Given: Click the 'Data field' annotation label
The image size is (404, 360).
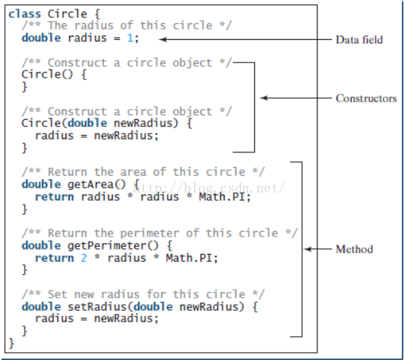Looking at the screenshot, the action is pyautogui.click(x=359, y=40).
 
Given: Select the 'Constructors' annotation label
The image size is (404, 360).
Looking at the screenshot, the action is pyautogui.click(x=366, y=98).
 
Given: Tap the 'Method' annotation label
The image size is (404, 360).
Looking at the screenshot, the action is pyautogui.click(x=355, y=249).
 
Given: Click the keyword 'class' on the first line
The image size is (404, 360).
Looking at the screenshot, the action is pyautogui.click(x=25, y=14).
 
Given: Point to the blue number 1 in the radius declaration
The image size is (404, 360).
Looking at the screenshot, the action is pyautogui.click(x=130, y=38).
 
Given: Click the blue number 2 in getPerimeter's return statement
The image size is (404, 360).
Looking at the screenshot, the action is pyautogui.click(x=84, y=258).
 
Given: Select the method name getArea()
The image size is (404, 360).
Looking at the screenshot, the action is pyautogui.click(x=97, y=184).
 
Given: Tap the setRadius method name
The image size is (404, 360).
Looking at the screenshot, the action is pyautogui.click(x=97, y=307).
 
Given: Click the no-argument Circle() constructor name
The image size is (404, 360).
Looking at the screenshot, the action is pyautogui.click(x=47, y=74).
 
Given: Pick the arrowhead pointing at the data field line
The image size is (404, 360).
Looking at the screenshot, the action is pyautogui.click(x=163, y=39).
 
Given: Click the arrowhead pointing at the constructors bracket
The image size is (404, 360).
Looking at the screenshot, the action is pyautogui.click(x=264, y=98).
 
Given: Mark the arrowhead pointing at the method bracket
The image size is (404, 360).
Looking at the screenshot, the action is pyautogui.click(x=308, y=249).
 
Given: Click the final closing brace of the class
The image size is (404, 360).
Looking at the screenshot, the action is pyautogui.click(x=11, y=343).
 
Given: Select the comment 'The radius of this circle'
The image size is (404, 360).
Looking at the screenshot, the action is pyautogui.click(x=130, y=25).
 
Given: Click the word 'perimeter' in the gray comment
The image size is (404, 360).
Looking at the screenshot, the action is pyautogui.click(x=150, y=234).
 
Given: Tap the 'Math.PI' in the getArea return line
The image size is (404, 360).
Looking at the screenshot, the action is pyautogui.click(x=222, y=197).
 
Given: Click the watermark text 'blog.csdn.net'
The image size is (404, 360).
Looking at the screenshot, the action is pyautogui.click(x=234, y=188).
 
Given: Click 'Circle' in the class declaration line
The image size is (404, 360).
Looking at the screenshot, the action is pyautogui.click(x=68, y=14).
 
